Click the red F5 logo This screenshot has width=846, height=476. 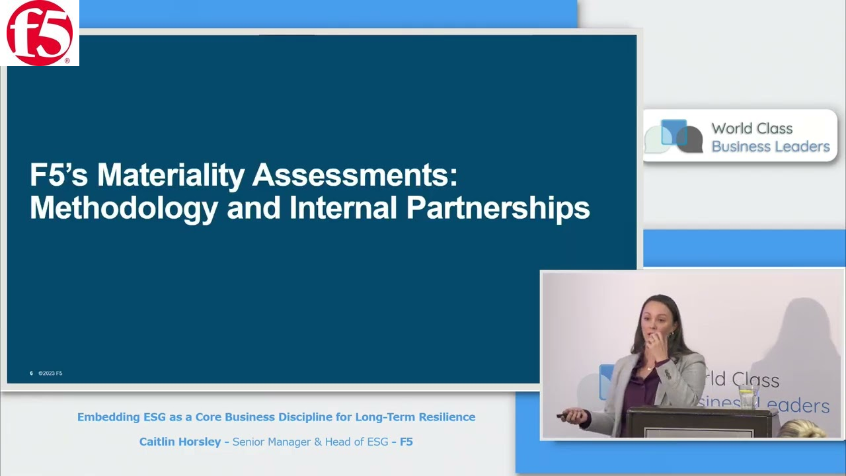[40, 33]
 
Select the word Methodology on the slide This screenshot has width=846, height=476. [124, 208]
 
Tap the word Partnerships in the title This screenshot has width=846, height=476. [498, 208]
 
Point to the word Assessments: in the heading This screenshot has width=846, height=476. [355, 176]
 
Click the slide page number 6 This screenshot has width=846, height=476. [31, 374]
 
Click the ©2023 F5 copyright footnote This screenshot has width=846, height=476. [50, 374]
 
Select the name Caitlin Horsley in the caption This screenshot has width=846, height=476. [180, 442]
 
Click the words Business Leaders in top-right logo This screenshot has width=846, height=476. [770, 147]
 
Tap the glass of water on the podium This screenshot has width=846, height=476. [748, 397]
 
